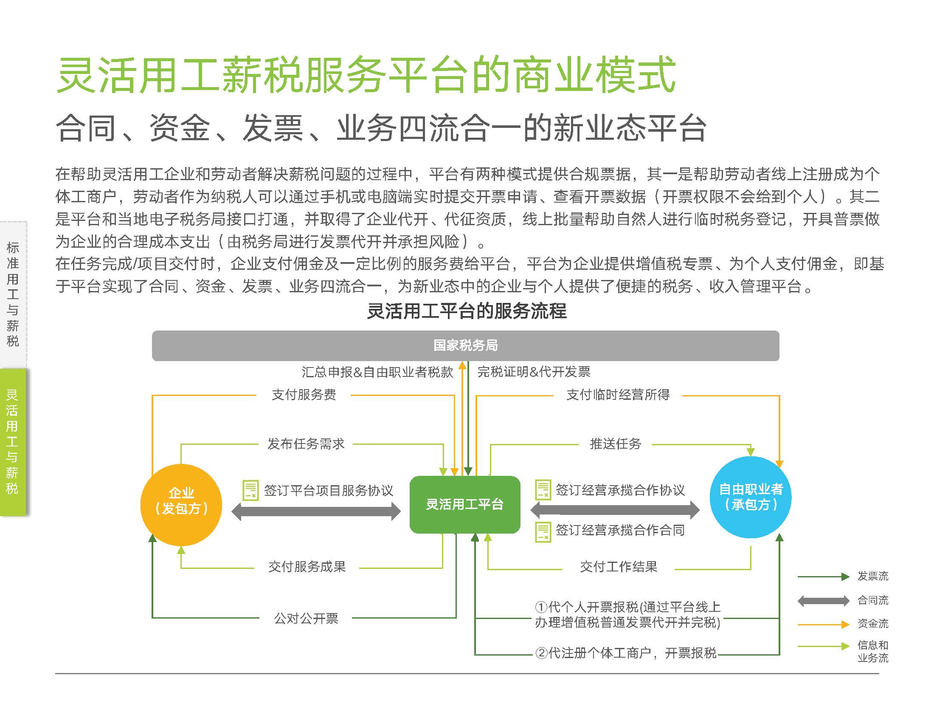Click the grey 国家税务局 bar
click(x=465, y=346)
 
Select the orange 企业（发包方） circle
click(x=181, y=505)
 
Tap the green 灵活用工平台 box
click(x=465, y=504)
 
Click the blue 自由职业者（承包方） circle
click(x=751, y=497)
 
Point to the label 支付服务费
click(x=304, y=395)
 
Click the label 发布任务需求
click(x=306, y=444)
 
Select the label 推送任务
click(x=615, y=444)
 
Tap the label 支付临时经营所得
click(x=618, y=395)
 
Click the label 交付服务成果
click(x=307, y=567)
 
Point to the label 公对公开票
click(x=306, y=619)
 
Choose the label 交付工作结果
click(x=619, y=567)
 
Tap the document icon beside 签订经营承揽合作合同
click(x=543, y=532)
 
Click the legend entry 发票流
click(x=873, y=577)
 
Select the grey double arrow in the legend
click(x=824, y=601)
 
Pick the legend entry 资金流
click(x=873, y=624)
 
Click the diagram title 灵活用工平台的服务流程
click(x=467, y=311)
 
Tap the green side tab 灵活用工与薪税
click(x=13, y=442)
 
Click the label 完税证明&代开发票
click(x=534, y=372)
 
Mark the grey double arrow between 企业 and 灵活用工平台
click(x=316, y=512)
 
